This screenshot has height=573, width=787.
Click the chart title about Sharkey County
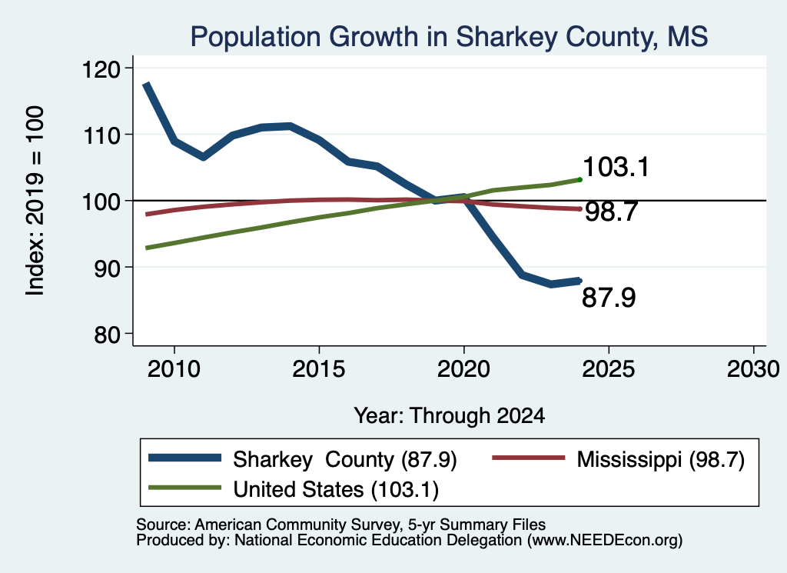(x=449, y=37)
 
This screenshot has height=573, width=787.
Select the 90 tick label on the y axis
(x=108, y=268)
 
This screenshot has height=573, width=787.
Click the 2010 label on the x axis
(x=174, y=369)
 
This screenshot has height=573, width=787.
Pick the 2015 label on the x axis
(x=319, y=369)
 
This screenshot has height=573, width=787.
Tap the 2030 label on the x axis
(x=753, y=369)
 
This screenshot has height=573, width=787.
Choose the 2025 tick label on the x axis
(x=609, y=369)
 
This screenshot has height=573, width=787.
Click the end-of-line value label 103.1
(x=616, y=167)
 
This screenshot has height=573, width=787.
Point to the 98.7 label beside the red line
(x=611, y=212)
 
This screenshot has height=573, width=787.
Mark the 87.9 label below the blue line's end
(x=609, y=298)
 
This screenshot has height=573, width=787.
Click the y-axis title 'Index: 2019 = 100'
(x=35, y=201)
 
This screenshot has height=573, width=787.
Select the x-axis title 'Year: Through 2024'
(x=449, y=416)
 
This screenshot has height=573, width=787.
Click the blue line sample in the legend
(x=184, y=458)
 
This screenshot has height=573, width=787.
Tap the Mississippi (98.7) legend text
(x=660, y=459)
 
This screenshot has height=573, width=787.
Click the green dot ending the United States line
(x=579, y=180)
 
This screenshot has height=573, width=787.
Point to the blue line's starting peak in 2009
(x=146, y=85)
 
